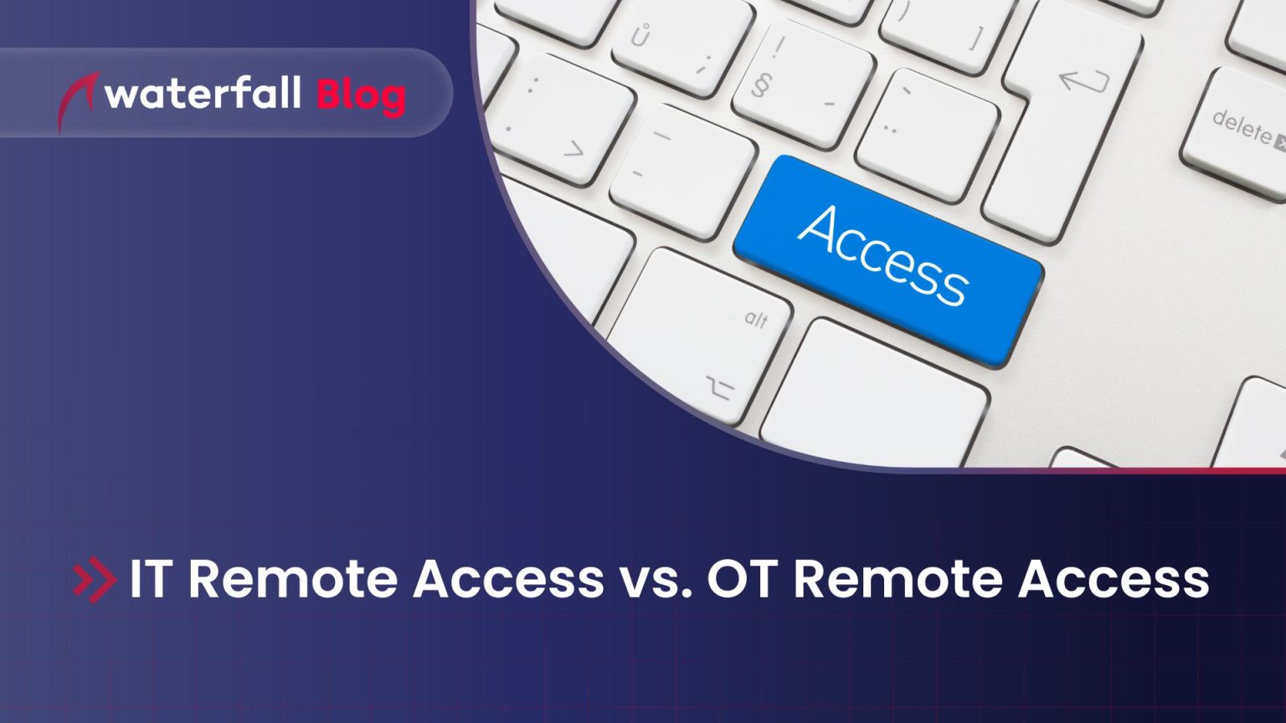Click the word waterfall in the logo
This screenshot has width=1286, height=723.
(x=203, y=94)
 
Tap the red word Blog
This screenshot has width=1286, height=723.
(x=361, y=95)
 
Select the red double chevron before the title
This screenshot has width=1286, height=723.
(x=95, y=579)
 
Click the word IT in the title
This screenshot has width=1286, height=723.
(x=149, y=579)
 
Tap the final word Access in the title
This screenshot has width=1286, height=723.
(x=1114, y=579)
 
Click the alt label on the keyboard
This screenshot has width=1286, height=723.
(x=756, y=318)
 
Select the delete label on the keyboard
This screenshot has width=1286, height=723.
(x=1243, y=126)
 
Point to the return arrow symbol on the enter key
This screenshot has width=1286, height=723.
(x=1083, y=80)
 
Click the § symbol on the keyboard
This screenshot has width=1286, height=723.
(x=760, y=85)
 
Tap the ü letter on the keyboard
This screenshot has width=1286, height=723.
(x=640, y=36)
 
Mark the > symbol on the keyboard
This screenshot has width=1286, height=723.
(x=574, y=150)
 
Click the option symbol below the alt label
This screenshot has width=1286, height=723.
(x=719, y=387)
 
